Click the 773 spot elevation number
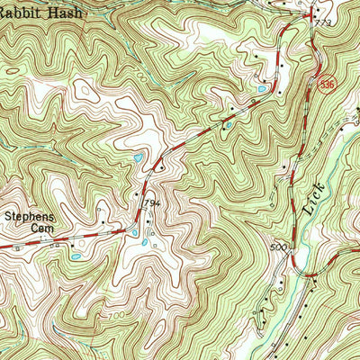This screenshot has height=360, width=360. (x=324, y=22)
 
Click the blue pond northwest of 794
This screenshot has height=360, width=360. (x=136, y=158)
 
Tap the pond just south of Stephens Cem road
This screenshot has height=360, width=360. (x=76, y=256)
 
